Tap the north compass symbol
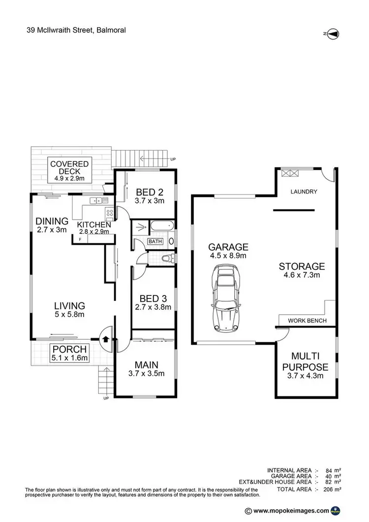(x=331, y=33)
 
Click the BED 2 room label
(x=146, y=192)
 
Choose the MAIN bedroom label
(x=146, y=365)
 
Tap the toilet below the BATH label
(x=167, y=258)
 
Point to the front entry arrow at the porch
(x=106, y=338)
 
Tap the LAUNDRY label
(x=304, y=192)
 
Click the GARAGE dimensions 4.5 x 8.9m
(x=228, y=256)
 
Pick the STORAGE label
(x=302, y=266)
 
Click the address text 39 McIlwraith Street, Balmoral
(x=76, y=30)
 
